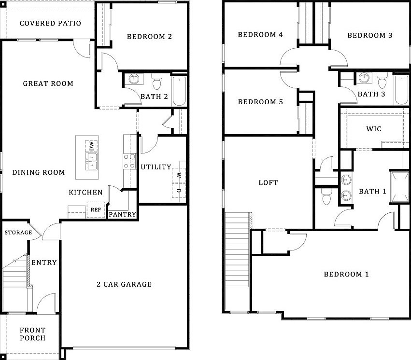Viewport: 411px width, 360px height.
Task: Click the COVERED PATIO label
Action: click(x=50, y=23)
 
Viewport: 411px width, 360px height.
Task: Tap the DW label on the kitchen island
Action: click(x=91, y=146)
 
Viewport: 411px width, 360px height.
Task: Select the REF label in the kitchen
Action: click(x=96, y=210)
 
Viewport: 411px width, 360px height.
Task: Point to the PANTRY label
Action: click(x=123, y=215)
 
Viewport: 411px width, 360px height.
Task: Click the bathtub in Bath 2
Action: click(x=179, y=90)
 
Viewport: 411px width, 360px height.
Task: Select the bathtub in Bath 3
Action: click(x=401, y=90)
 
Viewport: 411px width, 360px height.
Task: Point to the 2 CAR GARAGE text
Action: click(x=124, y=284)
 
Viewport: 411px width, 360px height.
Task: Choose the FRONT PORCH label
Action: click(x=33, y=334)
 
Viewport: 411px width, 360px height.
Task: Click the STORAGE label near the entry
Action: click(x=18, y=233)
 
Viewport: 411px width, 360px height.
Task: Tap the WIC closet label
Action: click(x=374, y=129)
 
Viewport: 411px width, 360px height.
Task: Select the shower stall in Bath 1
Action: click(x=399, y=187)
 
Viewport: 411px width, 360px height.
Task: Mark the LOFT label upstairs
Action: click(x=268, y=182)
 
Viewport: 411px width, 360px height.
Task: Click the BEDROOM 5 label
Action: click(x=260, y=102)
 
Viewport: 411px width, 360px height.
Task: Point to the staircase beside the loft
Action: click(x=237, y=261)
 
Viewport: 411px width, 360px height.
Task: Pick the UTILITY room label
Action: click(x=156, y=167)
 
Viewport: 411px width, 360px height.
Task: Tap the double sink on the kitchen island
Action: click(x=91, y=160)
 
